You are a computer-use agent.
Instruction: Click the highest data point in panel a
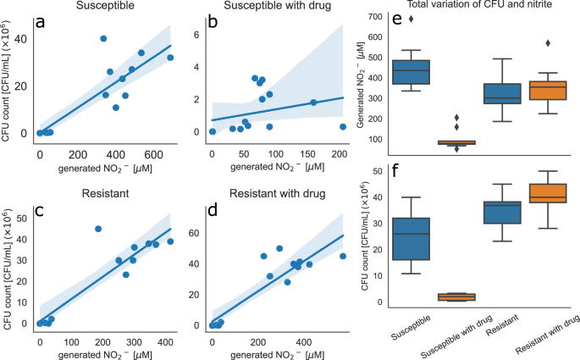pyautogui.click(x=103, y=39)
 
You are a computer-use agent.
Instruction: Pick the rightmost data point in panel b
pyautogui.click(x=343, y=126)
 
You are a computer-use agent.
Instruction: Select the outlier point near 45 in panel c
pyautogui.click(x=98, y=229)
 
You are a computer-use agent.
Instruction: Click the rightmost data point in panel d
pyautogui.click(x=343, y=256)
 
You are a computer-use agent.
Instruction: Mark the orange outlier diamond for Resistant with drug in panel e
pyautogui.click(x=548, y=43)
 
